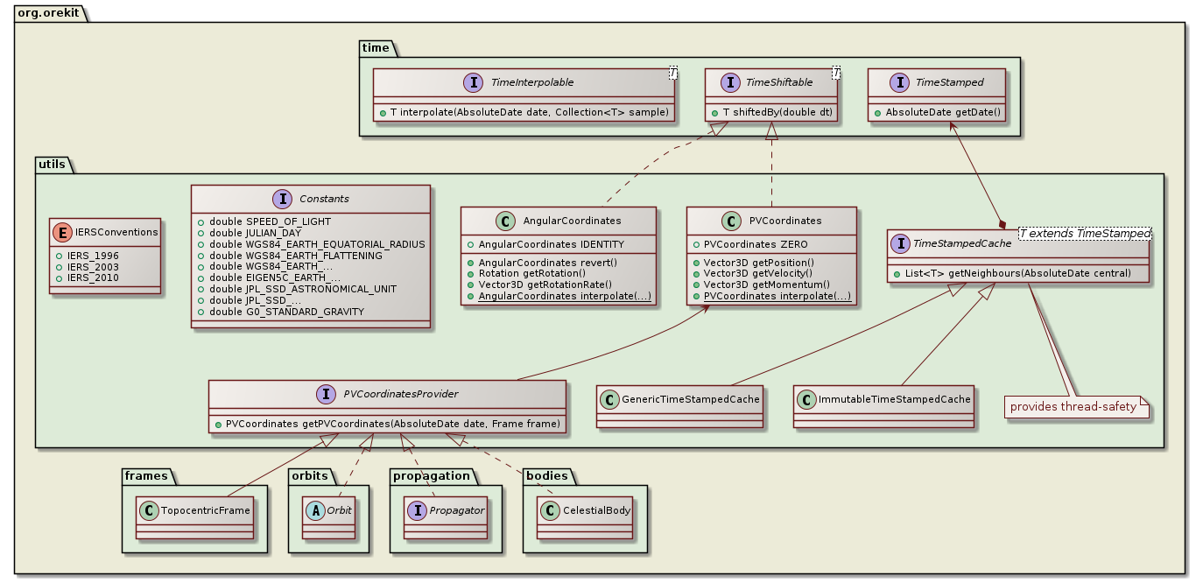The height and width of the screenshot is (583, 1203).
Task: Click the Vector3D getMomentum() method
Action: click(765, 285)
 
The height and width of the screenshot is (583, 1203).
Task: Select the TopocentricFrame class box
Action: click(195, 516)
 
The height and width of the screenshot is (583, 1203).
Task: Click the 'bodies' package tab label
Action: click(548, 475)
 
